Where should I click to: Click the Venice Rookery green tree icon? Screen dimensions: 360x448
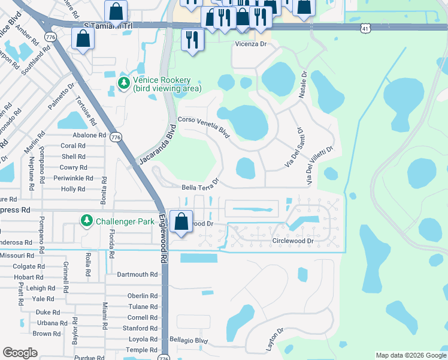click(x=124, y=83)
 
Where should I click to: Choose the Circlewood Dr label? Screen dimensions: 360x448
click(x=293, y=241)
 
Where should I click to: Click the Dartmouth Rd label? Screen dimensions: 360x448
click(x=137, y=274)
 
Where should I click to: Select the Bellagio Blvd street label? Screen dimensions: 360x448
click(x=189, y=340)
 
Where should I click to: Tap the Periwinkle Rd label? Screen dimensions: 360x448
click(x=73, y=178)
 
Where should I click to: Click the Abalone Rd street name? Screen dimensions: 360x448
click(x=72, y=135)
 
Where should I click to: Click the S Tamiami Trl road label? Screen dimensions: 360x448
click(x=108, y=26)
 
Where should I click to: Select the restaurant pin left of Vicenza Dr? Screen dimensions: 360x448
click(x=192, y=40)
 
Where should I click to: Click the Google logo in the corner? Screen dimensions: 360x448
click(x=20, y=353)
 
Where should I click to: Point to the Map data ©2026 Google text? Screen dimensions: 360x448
click(x=410, y=355)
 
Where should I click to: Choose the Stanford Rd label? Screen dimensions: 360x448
click(x=140, y=328)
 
